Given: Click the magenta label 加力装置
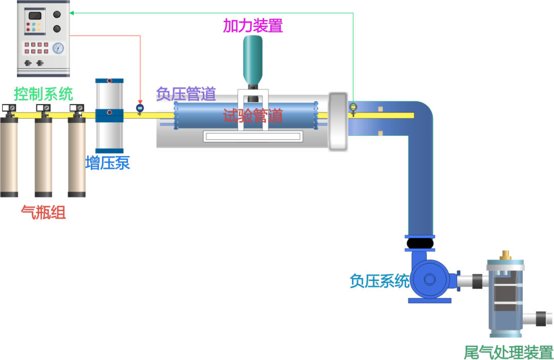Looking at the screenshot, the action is [253, 26].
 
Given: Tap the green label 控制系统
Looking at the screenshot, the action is [44, 94].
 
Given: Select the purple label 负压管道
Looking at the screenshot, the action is [186, 94].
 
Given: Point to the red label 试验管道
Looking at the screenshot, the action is [253, 116].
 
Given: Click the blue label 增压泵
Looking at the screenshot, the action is [108, 163].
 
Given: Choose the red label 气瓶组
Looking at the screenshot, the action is [44, 212].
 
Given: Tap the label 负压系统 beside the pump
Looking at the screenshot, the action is [380, 281].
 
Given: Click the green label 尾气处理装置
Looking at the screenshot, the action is [508, 352].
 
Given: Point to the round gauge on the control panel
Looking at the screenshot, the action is [58, 48].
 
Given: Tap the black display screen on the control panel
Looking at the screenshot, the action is [35, 16].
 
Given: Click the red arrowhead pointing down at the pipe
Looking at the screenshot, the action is [140, 102].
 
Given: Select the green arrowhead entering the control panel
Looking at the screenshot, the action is [72, 13].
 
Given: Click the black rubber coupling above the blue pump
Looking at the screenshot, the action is [420, 244].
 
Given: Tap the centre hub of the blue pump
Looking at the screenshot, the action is [430, 279].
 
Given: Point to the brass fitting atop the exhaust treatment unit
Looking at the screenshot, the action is [505, 255].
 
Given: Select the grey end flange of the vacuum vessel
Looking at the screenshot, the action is [338, 122].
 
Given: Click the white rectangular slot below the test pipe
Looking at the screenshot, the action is [253, 136].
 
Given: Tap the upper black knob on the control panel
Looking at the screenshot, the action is [57, 14].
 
